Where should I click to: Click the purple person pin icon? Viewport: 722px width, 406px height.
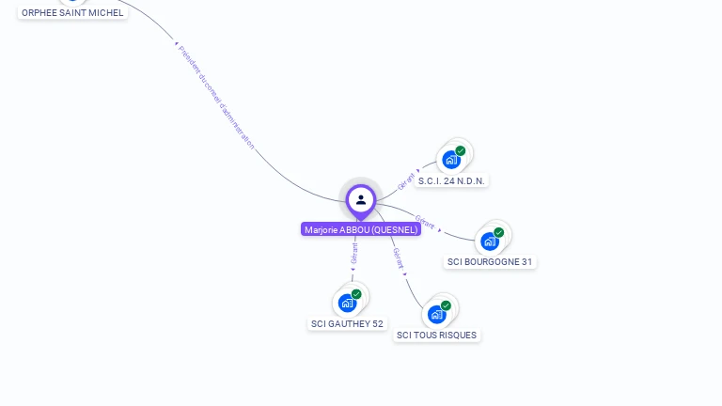point(361,200)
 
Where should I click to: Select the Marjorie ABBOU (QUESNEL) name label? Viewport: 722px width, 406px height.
point(361,229)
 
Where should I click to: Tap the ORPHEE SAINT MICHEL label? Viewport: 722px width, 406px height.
point(72,13)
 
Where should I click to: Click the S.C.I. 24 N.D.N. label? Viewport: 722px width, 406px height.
point(453,180)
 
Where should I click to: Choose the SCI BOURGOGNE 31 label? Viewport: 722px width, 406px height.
point(490,262)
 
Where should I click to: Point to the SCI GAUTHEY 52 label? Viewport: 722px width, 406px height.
point(347,324)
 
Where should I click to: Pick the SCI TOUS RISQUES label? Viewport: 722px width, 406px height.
point(436,336)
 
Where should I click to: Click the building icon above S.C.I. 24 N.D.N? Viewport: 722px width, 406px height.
point(451,160)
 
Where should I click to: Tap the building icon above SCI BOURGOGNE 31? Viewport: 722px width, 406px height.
point(489,242)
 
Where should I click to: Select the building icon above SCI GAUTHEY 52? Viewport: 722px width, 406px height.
point(347,303)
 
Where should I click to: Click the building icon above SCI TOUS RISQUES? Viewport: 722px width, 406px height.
point(436,314)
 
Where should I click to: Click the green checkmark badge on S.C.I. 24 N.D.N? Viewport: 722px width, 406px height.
point(461,150)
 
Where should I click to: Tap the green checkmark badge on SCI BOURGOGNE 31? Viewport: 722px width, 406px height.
point(499,232)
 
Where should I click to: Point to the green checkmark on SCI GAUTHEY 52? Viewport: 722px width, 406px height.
point(356,294)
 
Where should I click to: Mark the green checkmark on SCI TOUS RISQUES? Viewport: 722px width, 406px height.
point(446,305)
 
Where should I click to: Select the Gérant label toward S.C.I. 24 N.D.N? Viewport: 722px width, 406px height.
point(407,180)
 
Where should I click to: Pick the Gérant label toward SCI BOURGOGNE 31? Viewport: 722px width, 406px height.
point(425,223)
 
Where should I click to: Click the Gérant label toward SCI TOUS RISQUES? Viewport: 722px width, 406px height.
point(398,258)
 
